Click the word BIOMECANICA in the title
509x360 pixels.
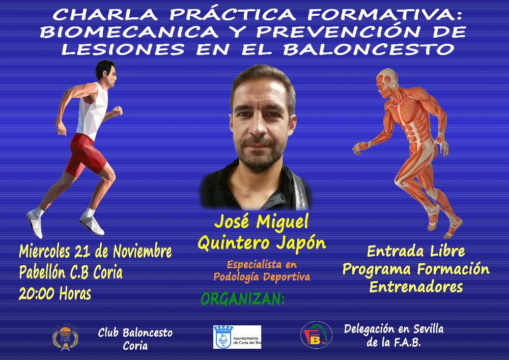[x=129, y=32]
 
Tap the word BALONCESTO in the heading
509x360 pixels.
[x=369, y=49]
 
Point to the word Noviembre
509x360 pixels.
[x=142, y=252]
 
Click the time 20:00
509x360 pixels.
[x=36, y=293]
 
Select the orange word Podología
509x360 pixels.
[x=236, y=277]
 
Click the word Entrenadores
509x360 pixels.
[x=416, y=287]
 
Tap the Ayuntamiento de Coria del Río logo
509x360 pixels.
[x=237, y=337]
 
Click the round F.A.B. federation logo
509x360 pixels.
[x=316, y=335]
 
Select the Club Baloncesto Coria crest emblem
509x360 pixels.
[x=65, y=337]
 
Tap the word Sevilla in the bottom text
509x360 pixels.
[x=428, y=329]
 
